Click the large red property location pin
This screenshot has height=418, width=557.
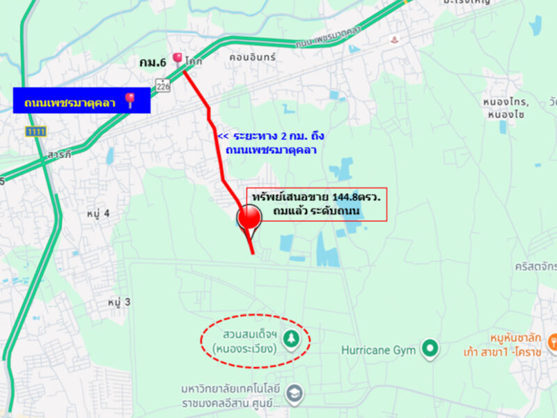[249, 219]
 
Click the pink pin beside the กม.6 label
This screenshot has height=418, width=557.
[178, 59]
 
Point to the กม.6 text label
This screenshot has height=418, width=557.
[152, 63]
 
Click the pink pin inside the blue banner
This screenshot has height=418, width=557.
[130, 102]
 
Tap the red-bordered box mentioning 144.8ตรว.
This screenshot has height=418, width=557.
[316, 203]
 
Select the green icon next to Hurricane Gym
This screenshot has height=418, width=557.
[430, 346]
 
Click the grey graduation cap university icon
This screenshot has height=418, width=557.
[295, 393]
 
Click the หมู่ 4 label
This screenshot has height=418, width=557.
[100, 212]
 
